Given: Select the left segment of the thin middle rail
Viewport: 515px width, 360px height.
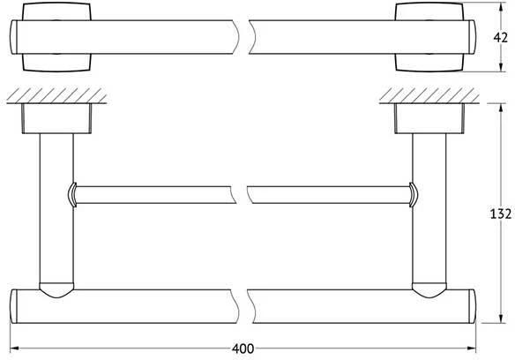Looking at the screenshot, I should [x=154, y=194].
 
